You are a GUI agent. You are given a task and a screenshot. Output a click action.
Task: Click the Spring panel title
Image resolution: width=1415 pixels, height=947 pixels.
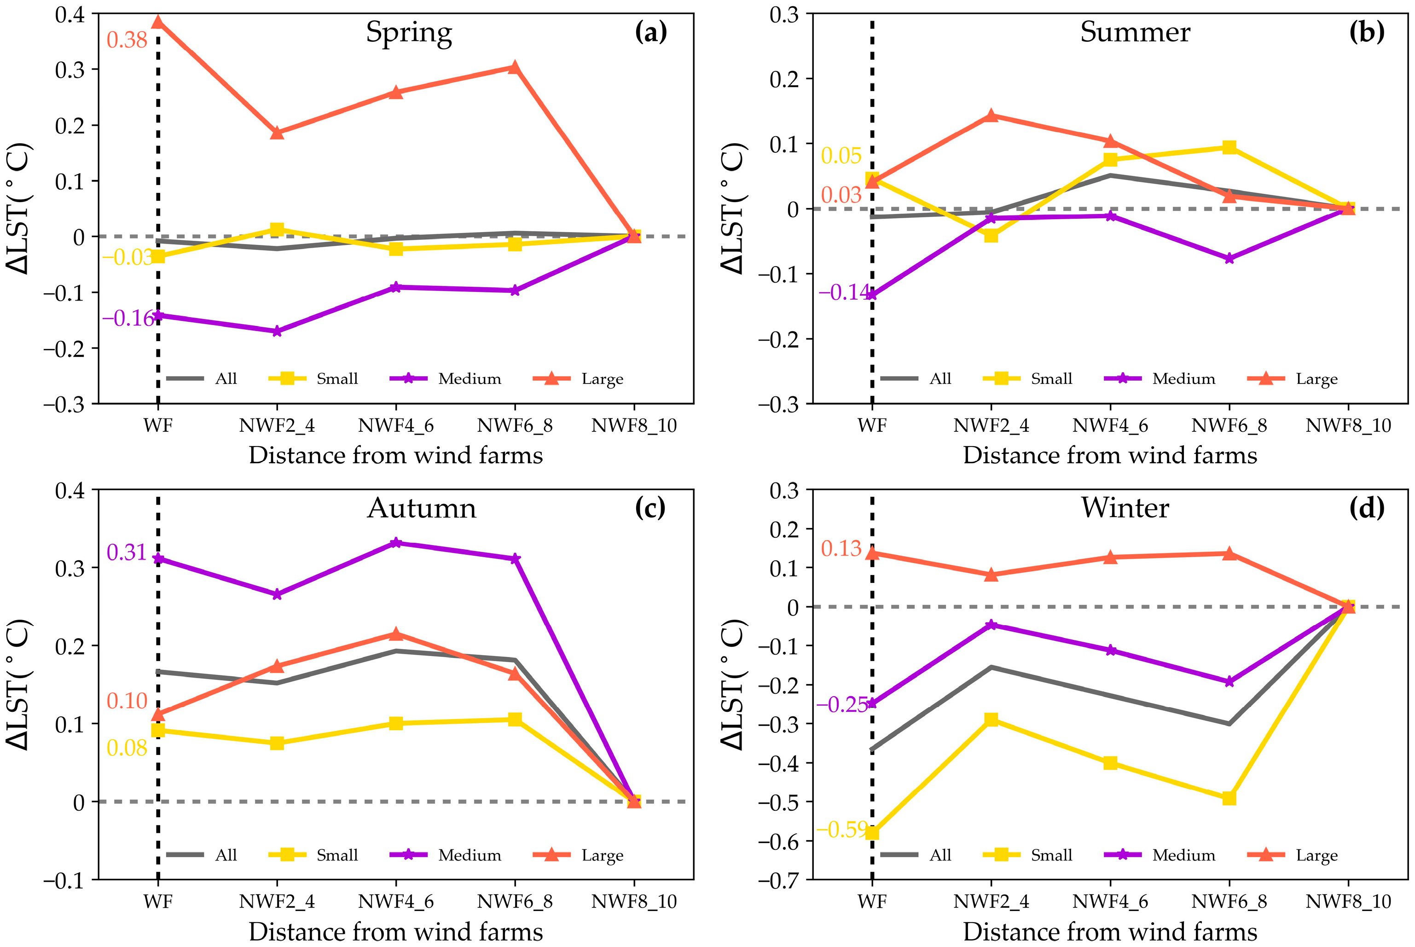pyautogui.click(x=409, y=33)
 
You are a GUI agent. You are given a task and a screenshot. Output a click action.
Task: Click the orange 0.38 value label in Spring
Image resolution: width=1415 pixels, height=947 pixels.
pyautogui.click(x=127, y=41)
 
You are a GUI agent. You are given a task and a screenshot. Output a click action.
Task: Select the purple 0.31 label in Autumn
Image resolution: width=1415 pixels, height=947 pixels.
pyautogui.click(x=127, y=552)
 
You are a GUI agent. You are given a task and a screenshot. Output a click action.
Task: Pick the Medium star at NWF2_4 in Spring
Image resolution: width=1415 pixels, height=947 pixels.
pyautogui.click(x=277, y=331)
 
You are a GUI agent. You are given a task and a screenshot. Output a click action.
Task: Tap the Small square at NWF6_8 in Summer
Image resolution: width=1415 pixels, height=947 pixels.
pyautogui.click(x=1229, y=147)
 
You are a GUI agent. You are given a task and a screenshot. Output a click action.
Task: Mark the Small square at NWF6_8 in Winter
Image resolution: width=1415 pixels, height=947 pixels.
pyautogui.click(x=1229, y=798)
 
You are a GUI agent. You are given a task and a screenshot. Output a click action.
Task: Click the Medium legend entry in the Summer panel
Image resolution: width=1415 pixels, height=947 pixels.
pyautogui.click(x=1183, y=379)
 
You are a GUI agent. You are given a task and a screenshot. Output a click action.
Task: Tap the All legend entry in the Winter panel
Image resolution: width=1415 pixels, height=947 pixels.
pyautogui.click(x=939, y=855)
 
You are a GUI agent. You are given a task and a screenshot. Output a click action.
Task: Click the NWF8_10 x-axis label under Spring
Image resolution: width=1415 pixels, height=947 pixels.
pyautogui.click(x=633, y=426)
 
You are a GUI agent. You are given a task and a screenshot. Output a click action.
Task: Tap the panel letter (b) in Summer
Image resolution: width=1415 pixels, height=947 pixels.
pyautogui.click(x=1366, y=33)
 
